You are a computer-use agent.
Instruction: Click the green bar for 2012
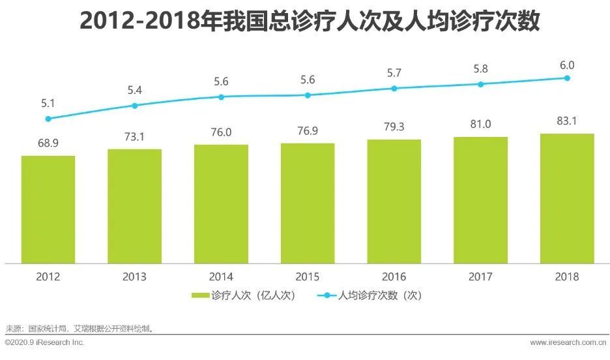[48, 209]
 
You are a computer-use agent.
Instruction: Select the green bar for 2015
[307, 203]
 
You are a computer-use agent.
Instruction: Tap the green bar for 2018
[567, 198]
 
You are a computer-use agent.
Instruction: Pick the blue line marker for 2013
[135, 105]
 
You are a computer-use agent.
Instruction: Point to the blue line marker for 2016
[394, 88]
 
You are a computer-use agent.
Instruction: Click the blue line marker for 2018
[567, 78]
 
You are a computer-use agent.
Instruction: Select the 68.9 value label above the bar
[48, 143]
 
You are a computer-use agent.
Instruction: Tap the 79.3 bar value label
[394, 127]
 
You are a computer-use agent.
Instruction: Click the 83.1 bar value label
[567, 121]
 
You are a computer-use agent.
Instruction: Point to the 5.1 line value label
[48, 102]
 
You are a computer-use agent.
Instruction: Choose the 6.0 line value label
[567, 65]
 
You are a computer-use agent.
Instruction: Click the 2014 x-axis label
[221, 277]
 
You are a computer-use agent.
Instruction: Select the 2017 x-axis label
[480, 277]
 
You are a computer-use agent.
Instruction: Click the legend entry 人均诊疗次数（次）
[371, 295]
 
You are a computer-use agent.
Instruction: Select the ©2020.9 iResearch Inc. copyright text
[44, 342]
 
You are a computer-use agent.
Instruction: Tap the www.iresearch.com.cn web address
[566, 342]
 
